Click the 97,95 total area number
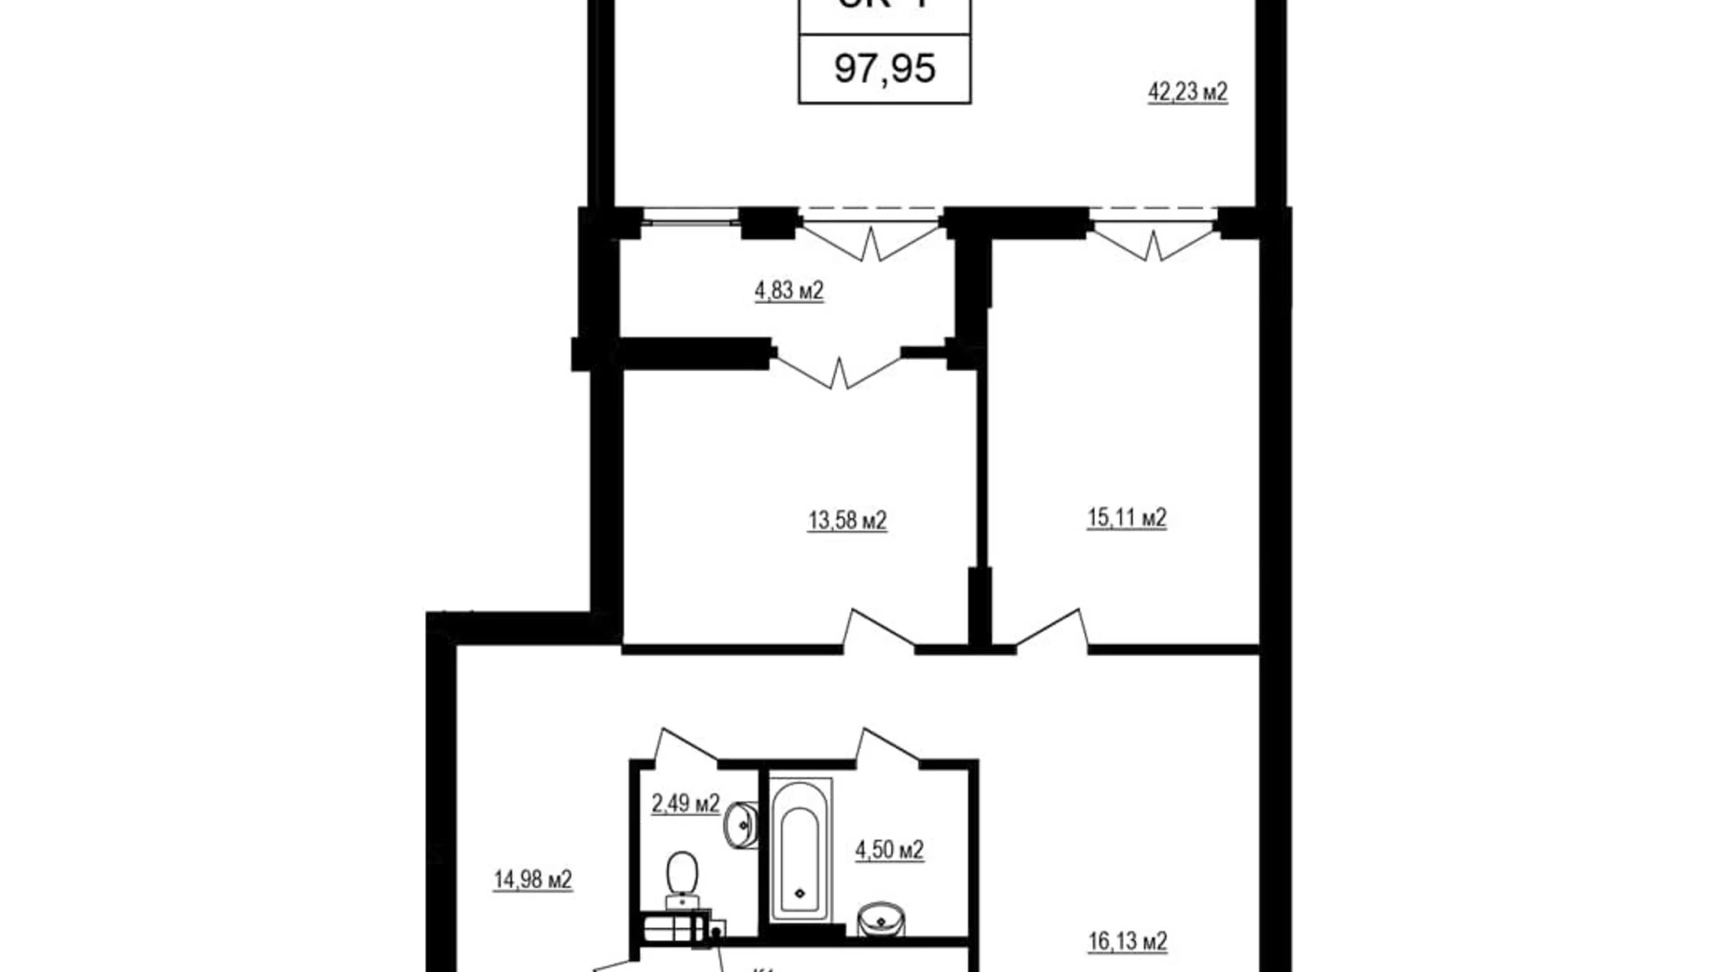point(885,69)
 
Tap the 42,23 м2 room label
point(1187,93)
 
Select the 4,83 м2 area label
point(788,292)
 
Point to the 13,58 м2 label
point(847,521)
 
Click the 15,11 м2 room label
point(1126,518)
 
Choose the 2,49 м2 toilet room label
point(685,804)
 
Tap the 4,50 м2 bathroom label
point(889,850)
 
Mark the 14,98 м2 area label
point(532,879)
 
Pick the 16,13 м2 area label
point(1127,941)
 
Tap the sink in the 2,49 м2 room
point(740,825)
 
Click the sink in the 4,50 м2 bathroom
point(881,918)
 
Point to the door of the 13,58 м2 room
point(879,630)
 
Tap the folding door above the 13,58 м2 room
point(838,368)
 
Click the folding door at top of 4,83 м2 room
point(871,239)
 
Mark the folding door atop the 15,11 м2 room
point(1154,242)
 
